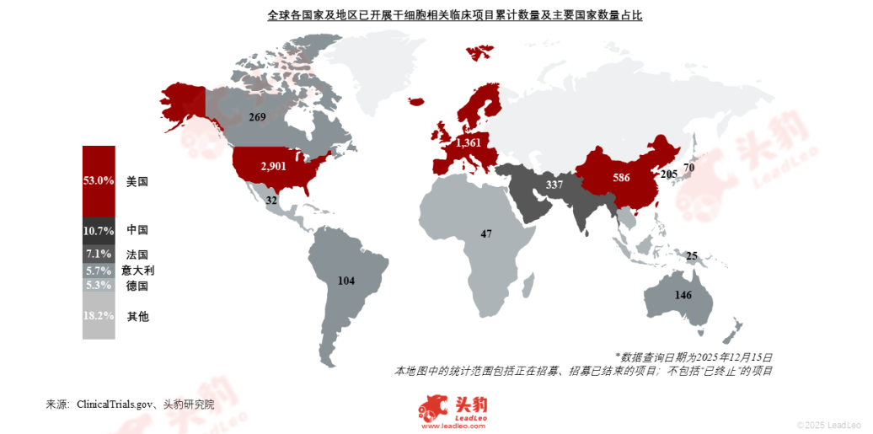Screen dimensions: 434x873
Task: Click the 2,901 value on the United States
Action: point(274,167)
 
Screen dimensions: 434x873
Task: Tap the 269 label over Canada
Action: point(258,117)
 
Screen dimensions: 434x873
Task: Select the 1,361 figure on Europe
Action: point(469,144)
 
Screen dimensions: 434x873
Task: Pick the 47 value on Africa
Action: point(486,233)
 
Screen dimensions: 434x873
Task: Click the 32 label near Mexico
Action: point(271,201)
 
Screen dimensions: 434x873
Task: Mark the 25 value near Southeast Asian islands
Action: point(692,255)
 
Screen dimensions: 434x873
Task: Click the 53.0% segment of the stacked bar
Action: point(99,180)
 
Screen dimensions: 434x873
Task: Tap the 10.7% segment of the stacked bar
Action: point(99,229)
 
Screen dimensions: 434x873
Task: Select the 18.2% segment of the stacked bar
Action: point(99,316)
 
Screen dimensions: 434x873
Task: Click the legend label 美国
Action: point(137,180)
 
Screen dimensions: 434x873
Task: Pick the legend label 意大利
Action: point(138,271)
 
